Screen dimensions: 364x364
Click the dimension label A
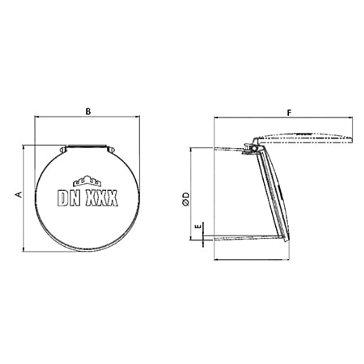coord(18,195)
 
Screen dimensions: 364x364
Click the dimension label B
coord(88,112)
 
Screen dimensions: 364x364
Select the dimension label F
coord(289,113)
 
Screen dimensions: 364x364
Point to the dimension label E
coord(199,226)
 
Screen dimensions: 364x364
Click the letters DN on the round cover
coord(69,198)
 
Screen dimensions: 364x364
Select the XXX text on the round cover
coord(102,198)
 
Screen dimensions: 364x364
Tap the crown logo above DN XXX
coord(87,181)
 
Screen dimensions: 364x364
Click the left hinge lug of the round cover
coord(63,149)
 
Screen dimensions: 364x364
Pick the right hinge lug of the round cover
coord(111,149)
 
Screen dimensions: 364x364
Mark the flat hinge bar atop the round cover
coord(87,146)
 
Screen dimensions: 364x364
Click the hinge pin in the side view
coord(252,148)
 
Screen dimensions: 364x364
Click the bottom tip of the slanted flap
coord(287,240)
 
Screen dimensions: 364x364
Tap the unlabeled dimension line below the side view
coord(251,259)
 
